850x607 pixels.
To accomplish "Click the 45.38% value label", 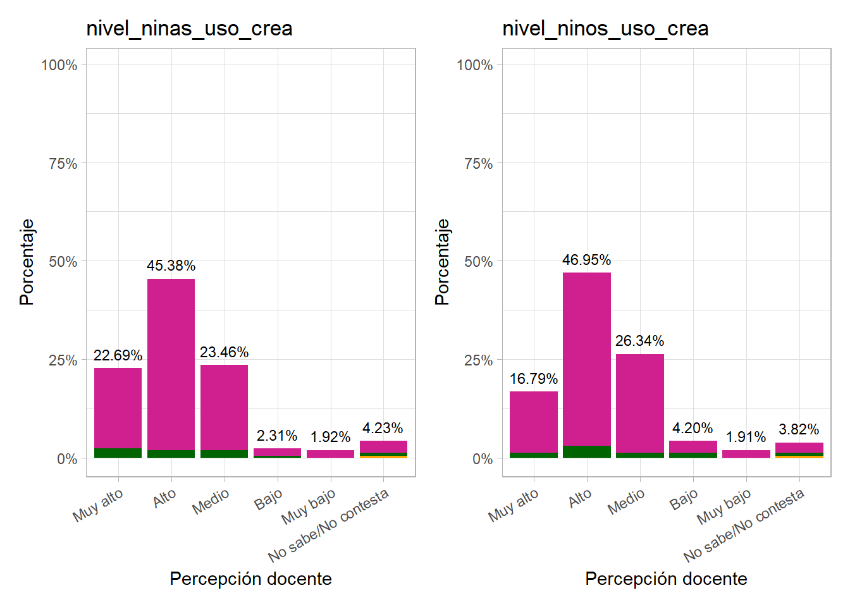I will click(x=171, y=266).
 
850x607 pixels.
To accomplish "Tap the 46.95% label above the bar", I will click(x=586, y=260).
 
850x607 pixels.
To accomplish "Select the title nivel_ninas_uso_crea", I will click(x=189, y=28).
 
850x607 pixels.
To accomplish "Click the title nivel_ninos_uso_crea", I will click(x=605, y=28).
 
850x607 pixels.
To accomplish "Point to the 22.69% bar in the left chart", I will click(x=118, y=411).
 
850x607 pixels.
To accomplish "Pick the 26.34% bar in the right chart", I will click(x=639, y=405).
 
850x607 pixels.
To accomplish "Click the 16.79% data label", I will click(x=533, y=379).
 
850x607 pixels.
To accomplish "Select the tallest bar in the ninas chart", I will click(x=171, y=367).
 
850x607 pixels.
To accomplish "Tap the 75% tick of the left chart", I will click(x=63, y=164).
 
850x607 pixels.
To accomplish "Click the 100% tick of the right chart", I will click(x=474, y=65).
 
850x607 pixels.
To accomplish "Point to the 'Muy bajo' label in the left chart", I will click(x=309, y=506).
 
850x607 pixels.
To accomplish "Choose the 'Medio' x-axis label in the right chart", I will click(x=626, y=501).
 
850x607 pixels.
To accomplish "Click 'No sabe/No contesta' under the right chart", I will click(x=744, y=525).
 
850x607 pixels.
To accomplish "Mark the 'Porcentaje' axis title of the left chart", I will click(x=27, y=262).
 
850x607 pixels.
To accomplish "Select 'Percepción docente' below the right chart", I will click(x=666, y=579).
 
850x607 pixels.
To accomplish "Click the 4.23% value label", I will click(x=383, y=428).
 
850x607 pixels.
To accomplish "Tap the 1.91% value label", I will click(x=746, y=437).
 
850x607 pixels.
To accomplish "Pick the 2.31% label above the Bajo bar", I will click(x=277, y=436).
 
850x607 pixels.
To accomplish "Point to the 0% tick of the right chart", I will click(x=482, y=459).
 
